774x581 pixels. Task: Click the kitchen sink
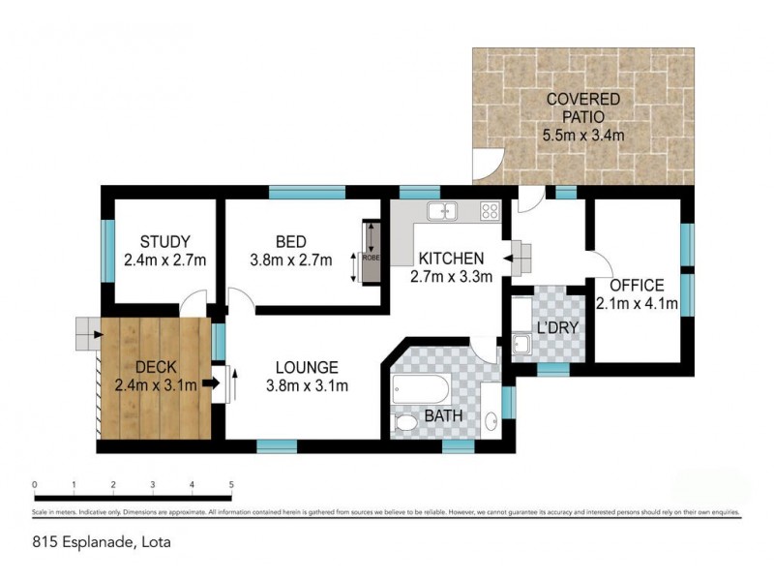tap(446, 210)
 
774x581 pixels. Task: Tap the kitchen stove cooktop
tap(490, 210)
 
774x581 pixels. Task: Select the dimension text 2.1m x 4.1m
tap(637, 304)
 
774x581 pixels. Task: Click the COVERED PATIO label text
tap(582, 107)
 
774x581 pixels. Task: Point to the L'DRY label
tap(557, 327)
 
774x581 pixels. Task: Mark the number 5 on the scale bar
tap(231, 484)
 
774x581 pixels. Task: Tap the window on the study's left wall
tap(106, 252)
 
